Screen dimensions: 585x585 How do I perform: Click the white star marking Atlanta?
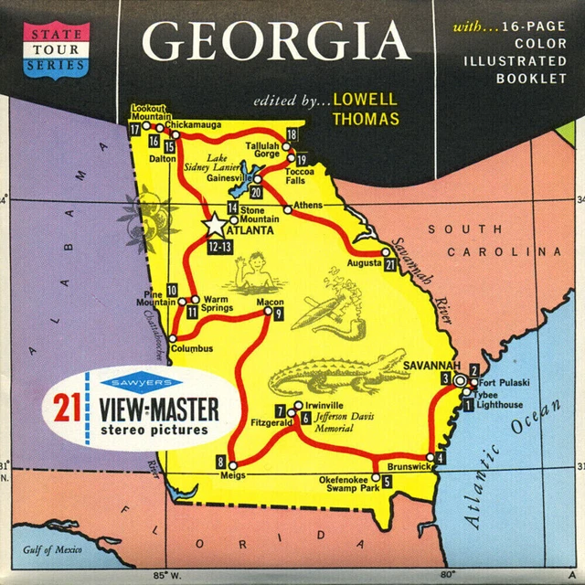pos(214,223)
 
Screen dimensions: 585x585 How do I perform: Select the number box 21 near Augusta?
pos(390,265)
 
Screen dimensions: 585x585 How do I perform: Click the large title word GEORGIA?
pos(276,41)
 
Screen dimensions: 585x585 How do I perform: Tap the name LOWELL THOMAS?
pos(366,107)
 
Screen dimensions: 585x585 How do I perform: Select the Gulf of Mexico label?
pos(53,549)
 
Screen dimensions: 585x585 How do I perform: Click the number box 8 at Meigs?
pos(220,461)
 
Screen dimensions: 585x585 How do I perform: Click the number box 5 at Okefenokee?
pos(387,481)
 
